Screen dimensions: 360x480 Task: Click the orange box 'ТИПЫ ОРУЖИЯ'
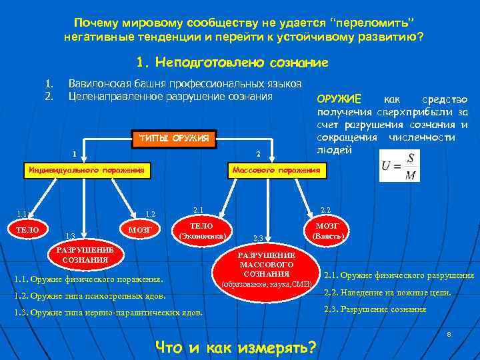pos(175,139)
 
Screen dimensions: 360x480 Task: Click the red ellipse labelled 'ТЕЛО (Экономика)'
pos(201,231)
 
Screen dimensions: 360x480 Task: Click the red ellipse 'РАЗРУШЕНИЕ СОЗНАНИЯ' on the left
pos(85,255)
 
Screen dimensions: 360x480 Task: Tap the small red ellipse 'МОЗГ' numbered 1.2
pos(139,230)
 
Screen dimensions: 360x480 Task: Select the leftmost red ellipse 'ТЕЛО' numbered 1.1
pos(27,230)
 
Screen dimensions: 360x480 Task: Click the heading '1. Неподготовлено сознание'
pos(232,63)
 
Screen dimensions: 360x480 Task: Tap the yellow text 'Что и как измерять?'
pos(236,347)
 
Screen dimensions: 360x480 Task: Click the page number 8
pos(449,333)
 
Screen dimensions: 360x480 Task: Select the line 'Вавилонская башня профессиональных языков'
pos(185,83)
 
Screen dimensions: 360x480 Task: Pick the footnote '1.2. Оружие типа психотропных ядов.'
pos(89,295)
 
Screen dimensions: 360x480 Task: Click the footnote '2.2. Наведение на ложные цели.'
pos(387,292)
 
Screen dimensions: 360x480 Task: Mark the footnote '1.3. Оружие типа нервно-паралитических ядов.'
pos(108,313)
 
